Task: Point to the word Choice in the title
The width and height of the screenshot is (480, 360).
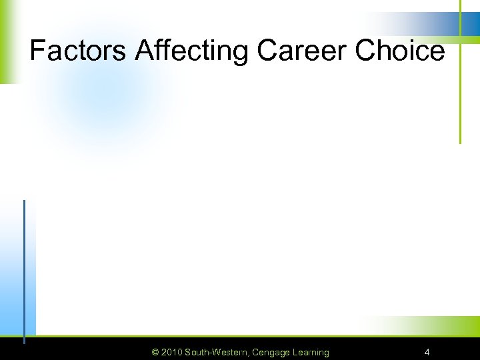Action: tap(400, 51)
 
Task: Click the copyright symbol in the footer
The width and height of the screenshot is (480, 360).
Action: tap(155, 352)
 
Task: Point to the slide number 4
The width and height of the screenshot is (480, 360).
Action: tap(427, 352)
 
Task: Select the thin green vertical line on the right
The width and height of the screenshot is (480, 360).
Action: tap(460, 80)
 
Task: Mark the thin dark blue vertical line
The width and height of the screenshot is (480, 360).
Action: tap(25, 267)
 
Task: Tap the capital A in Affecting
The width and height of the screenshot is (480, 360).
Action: tap(145, 51)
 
